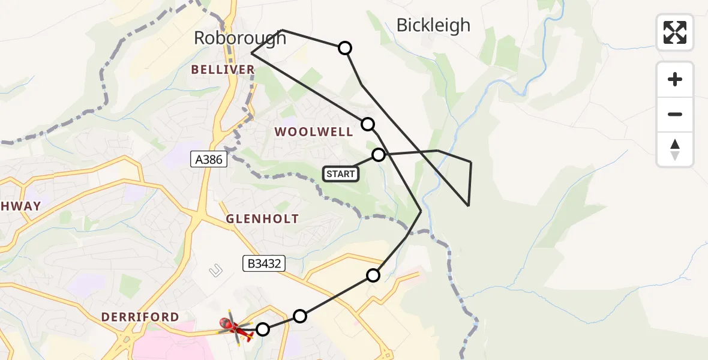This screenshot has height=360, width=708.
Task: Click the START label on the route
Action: point(341,174)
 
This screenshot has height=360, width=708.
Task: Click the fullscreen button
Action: point(675,32)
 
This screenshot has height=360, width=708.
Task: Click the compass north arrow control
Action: point(675,149)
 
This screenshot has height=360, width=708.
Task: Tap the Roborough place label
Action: point(240,38)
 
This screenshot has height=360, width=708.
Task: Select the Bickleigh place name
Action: point(433,25)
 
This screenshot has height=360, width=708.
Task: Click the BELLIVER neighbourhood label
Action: point(223,70)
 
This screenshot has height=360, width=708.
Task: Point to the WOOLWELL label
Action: point(314,132)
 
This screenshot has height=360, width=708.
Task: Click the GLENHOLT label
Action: point(262,219)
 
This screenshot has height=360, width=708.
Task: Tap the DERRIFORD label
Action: point(140,317)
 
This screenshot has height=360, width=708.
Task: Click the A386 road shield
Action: point(208,159)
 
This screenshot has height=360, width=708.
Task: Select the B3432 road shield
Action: point(262,263)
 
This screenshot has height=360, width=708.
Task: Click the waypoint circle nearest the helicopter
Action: point(263,329)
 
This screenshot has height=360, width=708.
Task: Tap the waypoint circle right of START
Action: point(379,155)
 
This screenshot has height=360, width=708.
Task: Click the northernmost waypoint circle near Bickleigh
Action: point(345,48)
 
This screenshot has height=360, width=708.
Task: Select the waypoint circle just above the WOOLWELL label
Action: point(368,124)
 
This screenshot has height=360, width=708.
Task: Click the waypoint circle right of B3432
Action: point(373,275)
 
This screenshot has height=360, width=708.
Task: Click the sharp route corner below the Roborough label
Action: point(251,53)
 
